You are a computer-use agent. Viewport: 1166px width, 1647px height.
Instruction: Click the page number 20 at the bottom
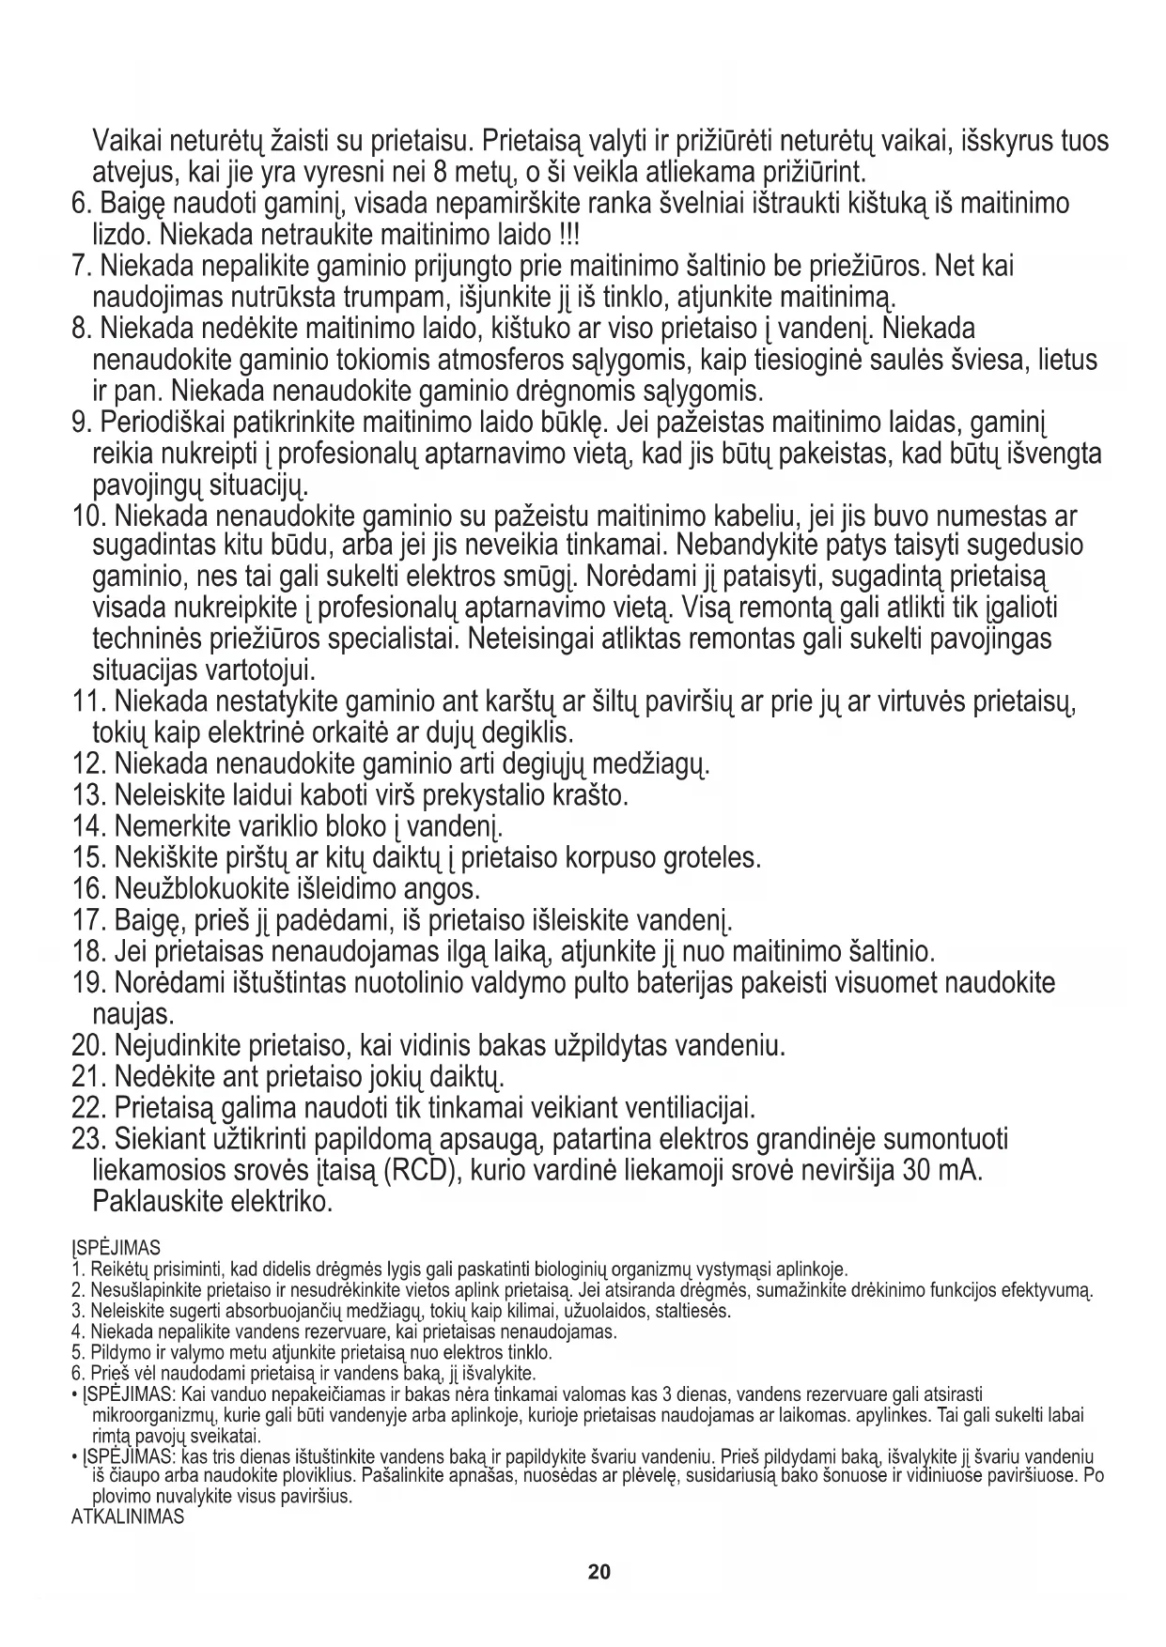599,1572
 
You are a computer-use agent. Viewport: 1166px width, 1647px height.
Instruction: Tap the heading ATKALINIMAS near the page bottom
128,1516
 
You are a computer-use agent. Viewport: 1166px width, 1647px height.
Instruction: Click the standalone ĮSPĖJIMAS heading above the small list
116,1248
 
